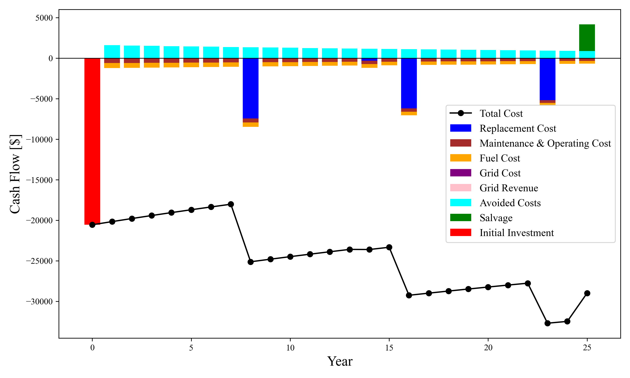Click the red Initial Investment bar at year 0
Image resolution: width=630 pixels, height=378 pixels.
92,140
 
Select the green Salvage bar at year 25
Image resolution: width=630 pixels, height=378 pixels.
587,38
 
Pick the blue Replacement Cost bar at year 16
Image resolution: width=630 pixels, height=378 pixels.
409,83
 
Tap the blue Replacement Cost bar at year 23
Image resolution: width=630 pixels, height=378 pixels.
547,79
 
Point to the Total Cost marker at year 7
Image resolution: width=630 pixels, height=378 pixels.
231,204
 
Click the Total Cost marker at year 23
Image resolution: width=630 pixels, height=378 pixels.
547,323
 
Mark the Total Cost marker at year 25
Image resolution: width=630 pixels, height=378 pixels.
587,293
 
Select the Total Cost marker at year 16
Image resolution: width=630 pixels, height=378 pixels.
409,295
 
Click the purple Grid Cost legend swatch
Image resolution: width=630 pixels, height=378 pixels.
460,173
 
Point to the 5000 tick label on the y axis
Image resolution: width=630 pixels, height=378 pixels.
44,18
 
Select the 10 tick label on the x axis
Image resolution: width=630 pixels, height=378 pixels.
290,348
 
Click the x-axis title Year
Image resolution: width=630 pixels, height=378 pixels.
340,361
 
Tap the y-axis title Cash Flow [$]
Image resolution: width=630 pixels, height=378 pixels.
15,174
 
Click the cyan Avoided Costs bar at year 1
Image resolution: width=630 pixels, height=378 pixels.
112,52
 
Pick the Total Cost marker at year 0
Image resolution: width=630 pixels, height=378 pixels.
92,225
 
